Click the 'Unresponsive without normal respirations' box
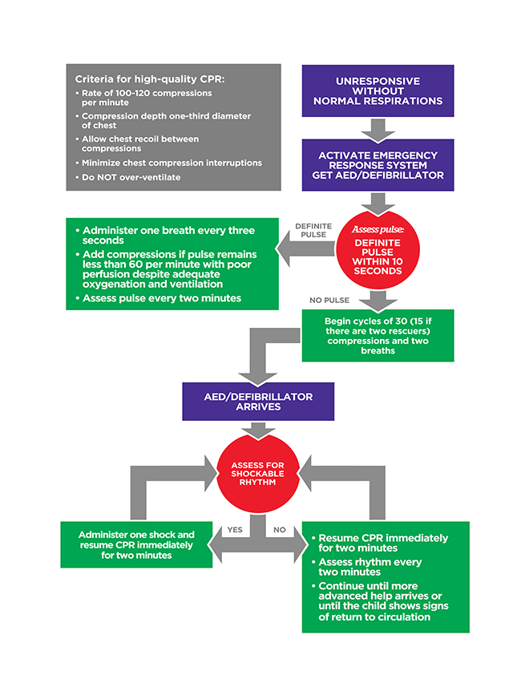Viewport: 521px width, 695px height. point(378,91)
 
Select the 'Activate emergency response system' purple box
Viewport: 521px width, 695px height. point(378,164)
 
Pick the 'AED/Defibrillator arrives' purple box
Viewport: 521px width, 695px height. point(258,402)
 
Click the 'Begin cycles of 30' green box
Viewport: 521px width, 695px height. point(378,335)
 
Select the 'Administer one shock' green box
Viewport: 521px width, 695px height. point(136,544)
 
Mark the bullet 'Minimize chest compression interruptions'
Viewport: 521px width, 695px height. point(172,163)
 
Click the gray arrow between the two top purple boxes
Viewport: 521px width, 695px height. point(378,127)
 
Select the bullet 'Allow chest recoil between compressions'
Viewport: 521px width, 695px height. point(140,143)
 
